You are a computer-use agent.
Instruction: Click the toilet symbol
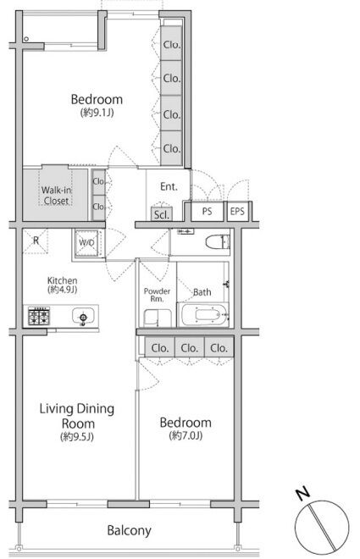(x=218, y=242)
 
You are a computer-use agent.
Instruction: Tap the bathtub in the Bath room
(x=203, y=314)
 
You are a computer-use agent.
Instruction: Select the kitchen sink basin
(x=83, y=316)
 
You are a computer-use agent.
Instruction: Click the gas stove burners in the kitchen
(x=39, y=316)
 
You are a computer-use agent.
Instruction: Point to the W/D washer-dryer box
(x=87, y=243)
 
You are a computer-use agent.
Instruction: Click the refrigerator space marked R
(x=36, y=241)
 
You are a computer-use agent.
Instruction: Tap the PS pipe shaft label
(x=207, y=212)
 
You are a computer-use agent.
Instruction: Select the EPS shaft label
(x=237, y=212)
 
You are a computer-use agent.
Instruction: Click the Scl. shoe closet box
(x=162, y=214)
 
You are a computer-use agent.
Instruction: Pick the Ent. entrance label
(x=169, y=186)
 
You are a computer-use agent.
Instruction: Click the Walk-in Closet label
(x=56, y=196)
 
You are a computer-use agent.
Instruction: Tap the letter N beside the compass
(x=302, y=493)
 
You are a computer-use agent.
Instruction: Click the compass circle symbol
(x=322, y=528)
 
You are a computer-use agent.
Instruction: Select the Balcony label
(x=129, y=531)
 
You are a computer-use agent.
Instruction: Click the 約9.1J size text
(x=97, y=113)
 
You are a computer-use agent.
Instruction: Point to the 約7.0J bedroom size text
(x=186, y=435)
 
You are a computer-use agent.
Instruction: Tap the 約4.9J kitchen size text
(x=63, y=290)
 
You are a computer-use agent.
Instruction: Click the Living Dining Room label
(x=77, y=416)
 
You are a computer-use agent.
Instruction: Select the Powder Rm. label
(x=157, y=295)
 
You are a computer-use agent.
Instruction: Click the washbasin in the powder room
(x=158, y=318)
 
